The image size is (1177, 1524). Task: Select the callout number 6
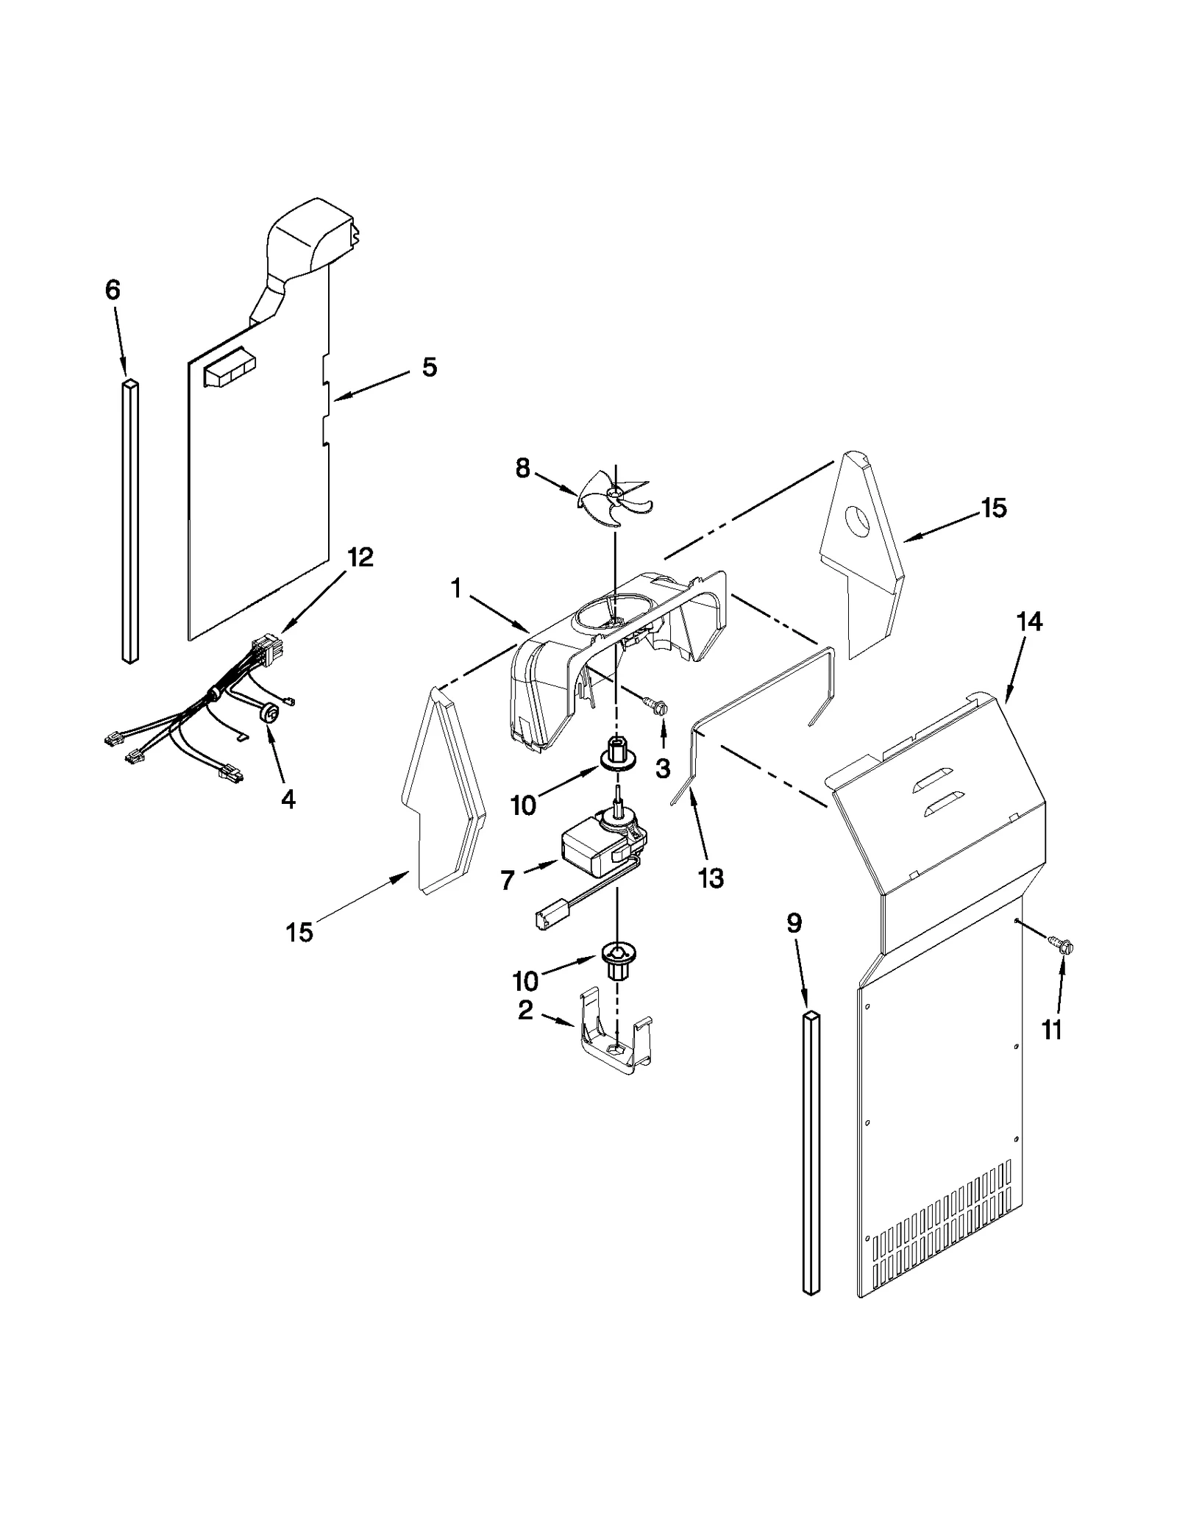[113, 291]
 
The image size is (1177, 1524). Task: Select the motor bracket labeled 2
[616, 1039]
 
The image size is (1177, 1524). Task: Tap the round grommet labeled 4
[270, 713]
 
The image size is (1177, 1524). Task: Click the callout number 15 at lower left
[299, 932]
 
